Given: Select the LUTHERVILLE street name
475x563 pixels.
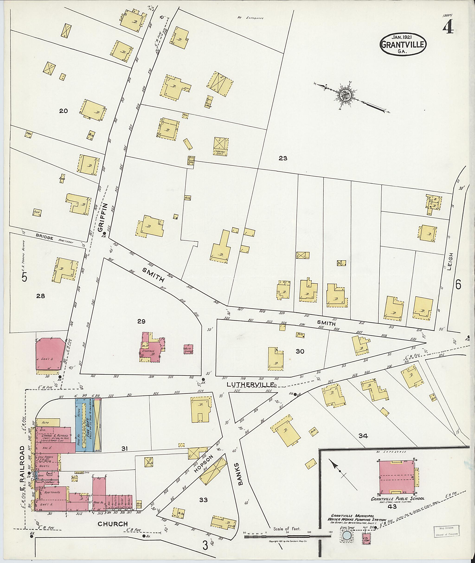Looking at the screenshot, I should [x=250, y=384].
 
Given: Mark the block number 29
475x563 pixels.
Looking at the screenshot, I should [x=141, y=321].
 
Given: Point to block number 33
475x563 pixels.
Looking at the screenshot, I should [x=203, y=500].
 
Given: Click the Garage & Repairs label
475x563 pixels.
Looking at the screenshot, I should [x=53, y=435].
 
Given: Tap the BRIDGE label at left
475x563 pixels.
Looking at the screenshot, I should [x=45, y=238].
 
